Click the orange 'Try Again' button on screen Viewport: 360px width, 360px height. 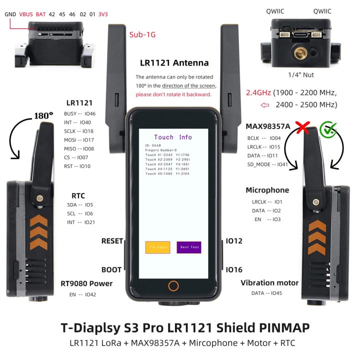(157, 247)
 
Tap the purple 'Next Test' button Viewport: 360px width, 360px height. (189, 247)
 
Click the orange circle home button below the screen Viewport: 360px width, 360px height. (173, 286)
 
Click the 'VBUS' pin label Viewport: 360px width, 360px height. (26, 14)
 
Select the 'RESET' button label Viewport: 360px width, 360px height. (112, 241)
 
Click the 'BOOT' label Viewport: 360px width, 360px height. (111, 269)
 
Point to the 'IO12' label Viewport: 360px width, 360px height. (234, 241)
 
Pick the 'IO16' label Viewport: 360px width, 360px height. (234, 269)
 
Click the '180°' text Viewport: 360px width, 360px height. (43, 115)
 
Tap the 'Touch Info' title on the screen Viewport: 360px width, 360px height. (173, 137)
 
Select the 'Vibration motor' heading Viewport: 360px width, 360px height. (269, 282)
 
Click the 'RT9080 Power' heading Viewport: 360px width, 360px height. (87, 283)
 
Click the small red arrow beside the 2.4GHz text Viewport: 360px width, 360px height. (251, 105)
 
